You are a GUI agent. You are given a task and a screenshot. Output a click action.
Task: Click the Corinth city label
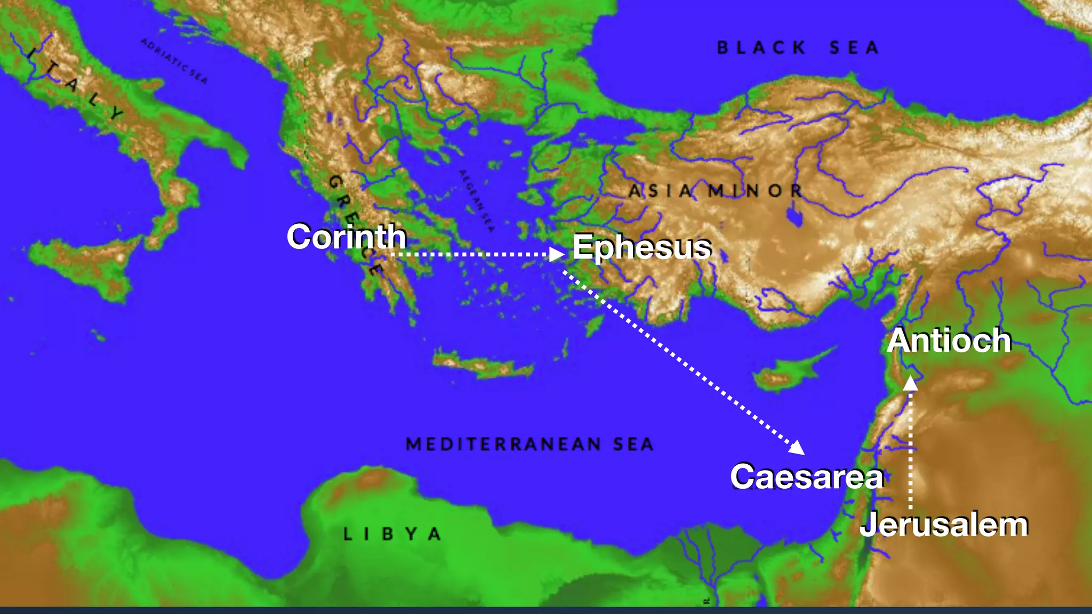tap(347, 237)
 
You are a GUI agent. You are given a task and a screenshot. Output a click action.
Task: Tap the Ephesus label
tap(641, 247)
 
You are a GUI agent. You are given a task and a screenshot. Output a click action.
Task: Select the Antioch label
tap(949, 340)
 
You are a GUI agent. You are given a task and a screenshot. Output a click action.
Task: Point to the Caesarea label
tap(807, 476)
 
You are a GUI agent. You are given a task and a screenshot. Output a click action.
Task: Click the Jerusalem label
tap(944, 524)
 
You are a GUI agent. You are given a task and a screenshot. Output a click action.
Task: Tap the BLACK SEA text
tap(798, 48)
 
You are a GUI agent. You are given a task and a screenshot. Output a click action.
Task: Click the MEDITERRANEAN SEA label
tap(529, 444)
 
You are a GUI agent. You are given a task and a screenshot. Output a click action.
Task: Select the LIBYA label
tap(392, 534)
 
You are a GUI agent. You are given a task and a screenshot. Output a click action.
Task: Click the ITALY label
tap(75, 83)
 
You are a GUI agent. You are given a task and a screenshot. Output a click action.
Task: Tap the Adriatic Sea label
tap(174, 60)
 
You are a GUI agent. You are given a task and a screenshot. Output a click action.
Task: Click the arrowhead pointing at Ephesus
tap(557, 254)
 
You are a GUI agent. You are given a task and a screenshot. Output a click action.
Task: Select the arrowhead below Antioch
tap(911, 383)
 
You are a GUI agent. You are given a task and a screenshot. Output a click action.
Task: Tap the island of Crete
tap(483, 366)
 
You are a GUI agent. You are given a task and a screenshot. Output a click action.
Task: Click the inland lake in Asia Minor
tap(794, 216)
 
